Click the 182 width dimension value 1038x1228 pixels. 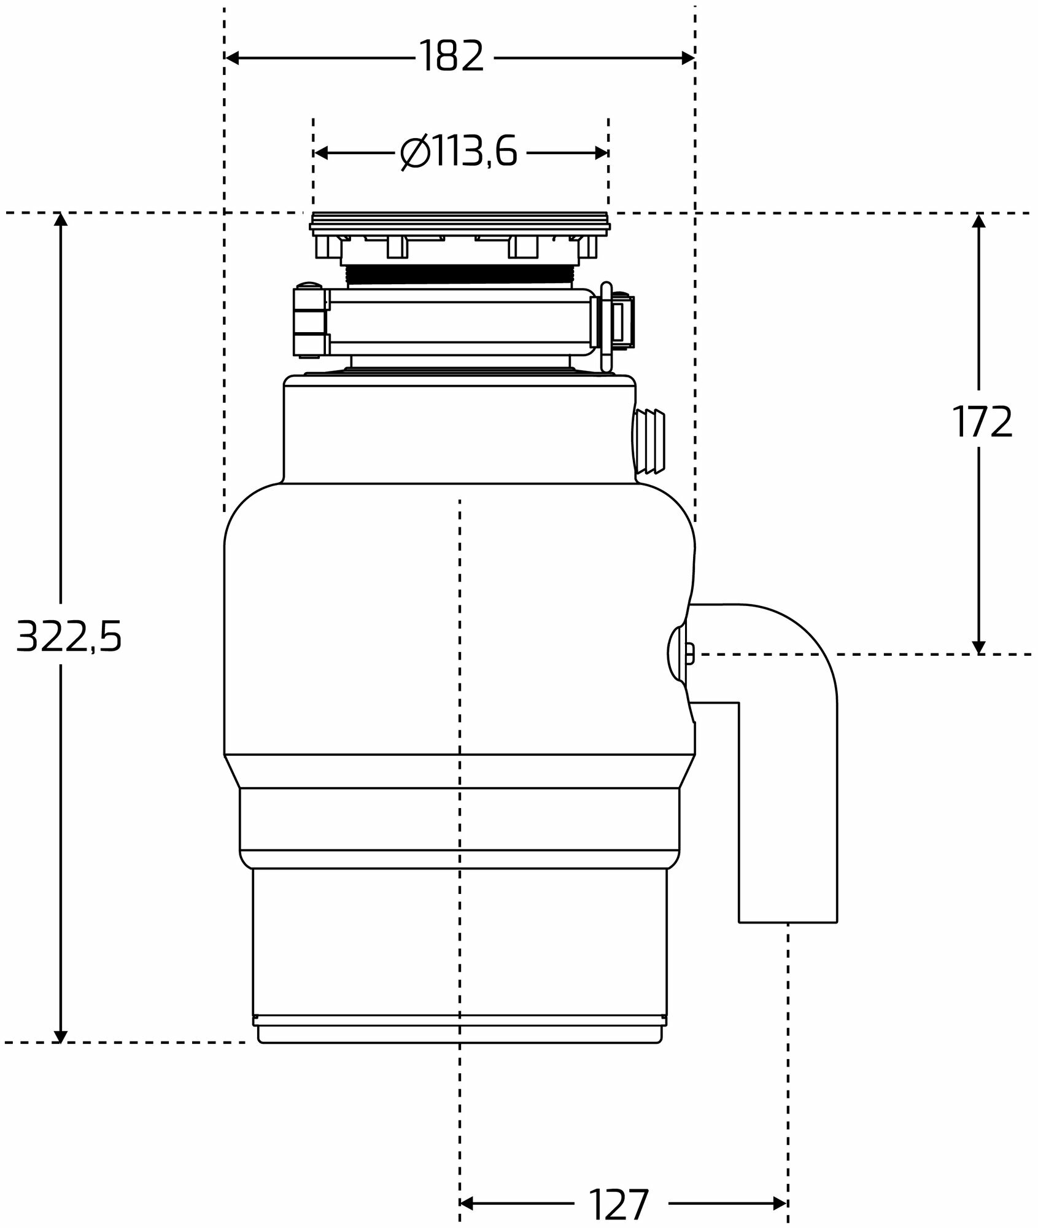[x=451, y=57]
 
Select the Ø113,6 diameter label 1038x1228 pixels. [x=459, y=152]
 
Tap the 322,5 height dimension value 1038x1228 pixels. [x=69, y=636]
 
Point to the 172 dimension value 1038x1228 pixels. [x=982, y=422]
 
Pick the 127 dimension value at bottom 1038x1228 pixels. [x=618, y=1187]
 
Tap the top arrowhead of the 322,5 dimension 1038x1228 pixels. [x=60, y=220]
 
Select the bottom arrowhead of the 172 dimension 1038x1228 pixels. [x=978, y=647]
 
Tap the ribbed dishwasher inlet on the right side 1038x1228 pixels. [x=649, y=442]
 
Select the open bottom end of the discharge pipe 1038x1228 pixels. [x=788, y=921]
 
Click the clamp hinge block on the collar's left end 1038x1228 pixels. [x=310, y=321]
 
